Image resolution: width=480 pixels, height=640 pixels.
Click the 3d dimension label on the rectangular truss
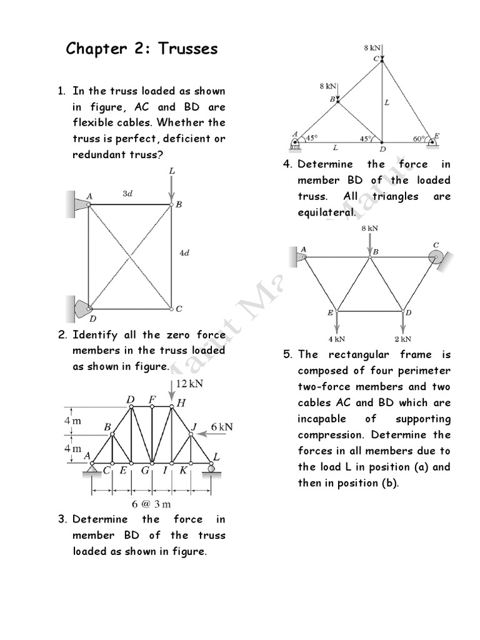[x=127, y=194]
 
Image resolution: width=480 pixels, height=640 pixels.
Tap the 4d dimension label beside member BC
[x=184, y=252]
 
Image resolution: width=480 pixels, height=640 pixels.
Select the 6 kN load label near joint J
[x=221, y=427]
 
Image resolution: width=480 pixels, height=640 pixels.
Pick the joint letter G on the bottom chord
[x=144, y=471]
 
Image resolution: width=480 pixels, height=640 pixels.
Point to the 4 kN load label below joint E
[x=337, y=339]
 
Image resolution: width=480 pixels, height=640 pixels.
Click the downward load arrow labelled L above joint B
[x=172, y=187]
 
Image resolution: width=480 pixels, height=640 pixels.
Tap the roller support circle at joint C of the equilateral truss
[x=436, y=256]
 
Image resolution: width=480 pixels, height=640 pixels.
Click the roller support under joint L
[x=211, y=469]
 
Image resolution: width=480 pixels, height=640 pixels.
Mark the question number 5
[x=287, y=354]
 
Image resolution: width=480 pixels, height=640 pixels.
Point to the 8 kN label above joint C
[x=371, y=47]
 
